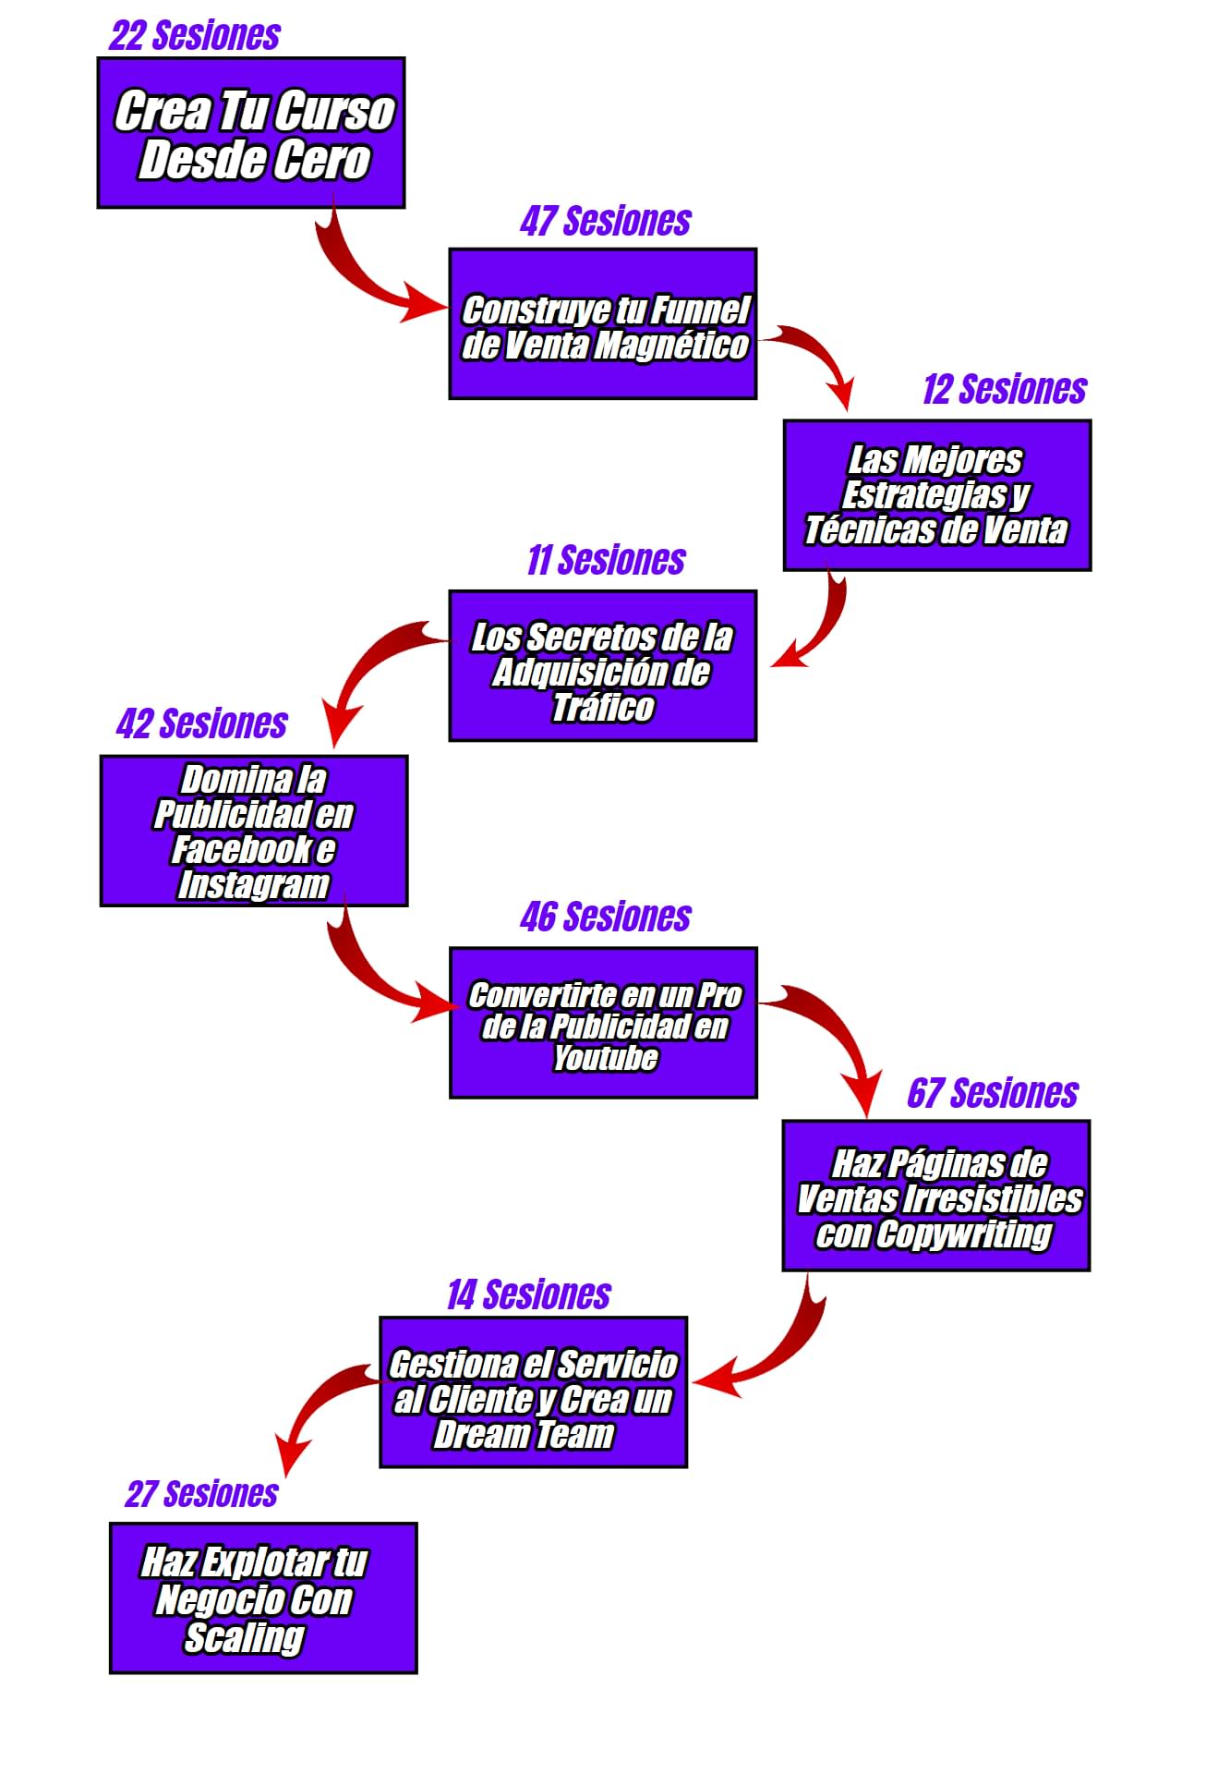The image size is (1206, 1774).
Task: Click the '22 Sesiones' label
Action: (x=195, y=35)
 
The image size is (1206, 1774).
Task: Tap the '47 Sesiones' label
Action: (x=605, y=222)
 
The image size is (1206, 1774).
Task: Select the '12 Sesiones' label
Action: (x=1005, y=390)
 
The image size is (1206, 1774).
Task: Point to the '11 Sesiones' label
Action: (x=606, y=561)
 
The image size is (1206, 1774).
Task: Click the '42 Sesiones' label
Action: (x=202, y=724)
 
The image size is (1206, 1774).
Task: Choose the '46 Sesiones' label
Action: (x=606, y=917)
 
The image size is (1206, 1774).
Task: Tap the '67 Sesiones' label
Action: (x=993, y=1093)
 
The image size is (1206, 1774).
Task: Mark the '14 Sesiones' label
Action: (x=529, y=1295)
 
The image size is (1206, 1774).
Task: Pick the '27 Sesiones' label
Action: (x=201, y=1494)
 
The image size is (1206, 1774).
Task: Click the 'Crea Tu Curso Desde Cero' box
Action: (x=251, y=133)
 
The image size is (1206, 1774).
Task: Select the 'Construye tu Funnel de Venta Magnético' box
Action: (x=603, y=324)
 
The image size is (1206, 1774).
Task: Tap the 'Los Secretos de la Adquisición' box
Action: (x=603, y=666)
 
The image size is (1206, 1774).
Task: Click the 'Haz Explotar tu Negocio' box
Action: (x=263, y=1598)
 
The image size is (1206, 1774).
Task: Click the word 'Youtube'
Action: (x=606, y=1058)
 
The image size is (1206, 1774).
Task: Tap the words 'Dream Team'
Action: (x=524, y=1435)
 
